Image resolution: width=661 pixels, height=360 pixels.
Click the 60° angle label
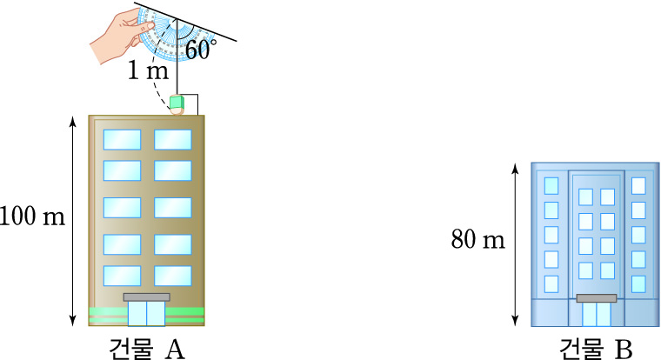(200, 50)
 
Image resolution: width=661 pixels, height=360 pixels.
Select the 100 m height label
(33, 216)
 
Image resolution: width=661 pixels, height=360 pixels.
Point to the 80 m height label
(478, 239)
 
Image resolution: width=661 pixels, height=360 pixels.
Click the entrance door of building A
(146, 313)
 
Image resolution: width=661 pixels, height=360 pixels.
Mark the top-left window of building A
(122, 139)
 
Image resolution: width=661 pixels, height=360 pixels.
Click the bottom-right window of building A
(172, 276)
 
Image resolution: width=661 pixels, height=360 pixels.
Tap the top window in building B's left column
(551, 185)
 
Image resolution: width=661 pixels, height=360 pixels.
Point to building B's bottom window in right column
(639, 283)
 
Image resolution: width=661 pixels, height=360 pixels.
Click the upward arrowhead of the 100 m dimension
(73, 119)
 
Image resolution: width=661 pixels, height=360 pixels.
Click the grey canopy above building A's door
(146, 297)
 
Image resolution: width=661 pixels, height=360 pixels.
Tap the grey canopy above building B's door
(596, 298)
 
